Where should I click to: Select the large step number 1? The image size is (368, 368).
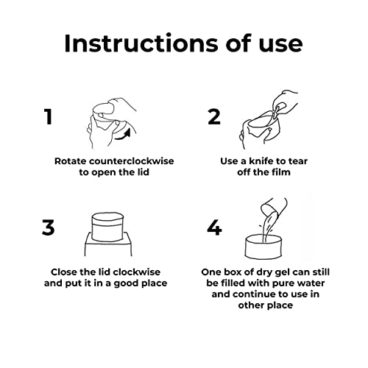pos(48,117)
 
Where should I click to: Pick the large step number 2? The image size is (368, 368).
pos(213,117)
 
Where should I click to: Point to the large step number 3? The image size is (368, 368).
pos(48,227)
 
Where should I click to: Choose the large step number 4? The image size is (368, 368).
pos(214,227)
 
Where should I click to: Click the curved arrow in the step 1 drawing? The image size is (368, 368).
pos(124,135)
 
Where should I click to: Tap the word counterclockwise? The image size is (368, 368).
pos(132,161)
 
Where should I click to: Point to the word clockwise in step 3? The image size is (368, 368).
pos(137,272)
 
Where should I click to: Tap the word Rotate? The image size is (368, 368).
pos(71,161)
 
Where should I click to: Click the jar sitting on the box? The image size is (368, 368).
pos(107,227)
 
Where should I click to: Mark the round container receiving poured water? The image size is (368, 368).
pos(263,247)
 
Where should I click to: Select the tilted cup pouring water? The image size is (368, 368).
pos(274,209)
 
